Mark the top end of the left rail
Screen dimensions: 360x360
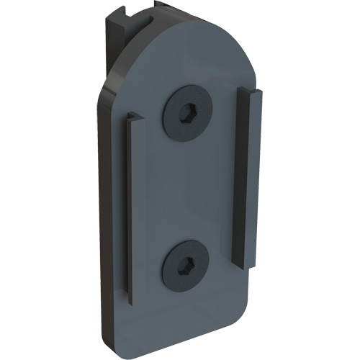point(132,117)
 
